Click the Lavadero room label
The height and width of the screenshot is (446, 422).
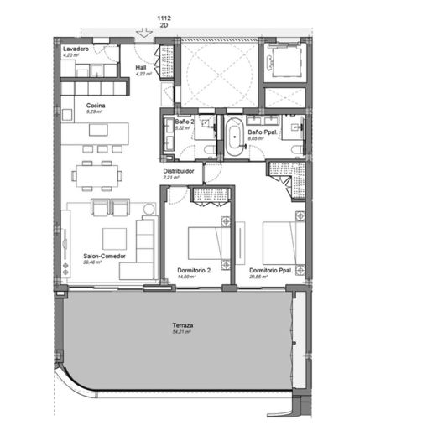(76, 50)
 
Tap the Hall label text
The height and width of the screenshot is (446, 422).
(141, 65)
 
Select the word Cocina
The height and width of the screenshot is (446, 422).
(95, 105)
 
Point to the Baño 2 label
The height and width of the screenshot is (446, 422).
(185, 122)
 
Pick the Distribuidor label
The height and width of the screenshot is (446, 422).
(179, 171)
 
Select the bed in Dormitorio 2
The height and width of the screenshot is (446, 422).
(205, 243)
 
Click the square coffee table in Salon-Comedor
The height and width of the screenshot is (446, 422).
(114, 238)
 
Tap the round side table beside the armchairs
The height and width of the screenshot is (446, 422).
(149, 207)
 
